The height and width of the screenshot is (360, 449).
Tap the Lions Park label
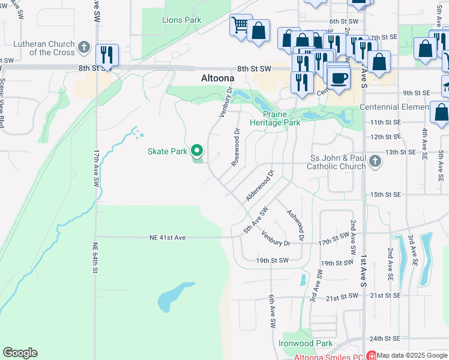click(x=181, y=20)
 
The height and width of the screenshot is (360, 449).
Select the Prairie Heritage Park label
click(x=281, y=118)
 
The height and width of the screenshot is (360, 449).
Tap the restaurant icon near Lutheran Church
click(x=107, y=54)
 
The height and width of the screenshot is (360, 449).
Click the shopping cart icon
click(x=240, y=25)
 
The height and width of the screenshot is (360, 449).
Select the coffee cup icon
click(x=339, y=78)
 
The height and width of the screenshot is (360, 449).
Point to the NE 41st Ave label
click(x=167, y=238)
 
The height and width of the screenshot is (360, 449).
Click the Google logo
click(x=20, y=353)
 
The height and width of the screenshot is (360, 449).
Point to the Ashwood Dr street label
click(x=295, y=226)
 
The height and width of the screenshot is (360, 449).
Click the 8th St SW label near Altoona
click(x=255, y=69)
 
